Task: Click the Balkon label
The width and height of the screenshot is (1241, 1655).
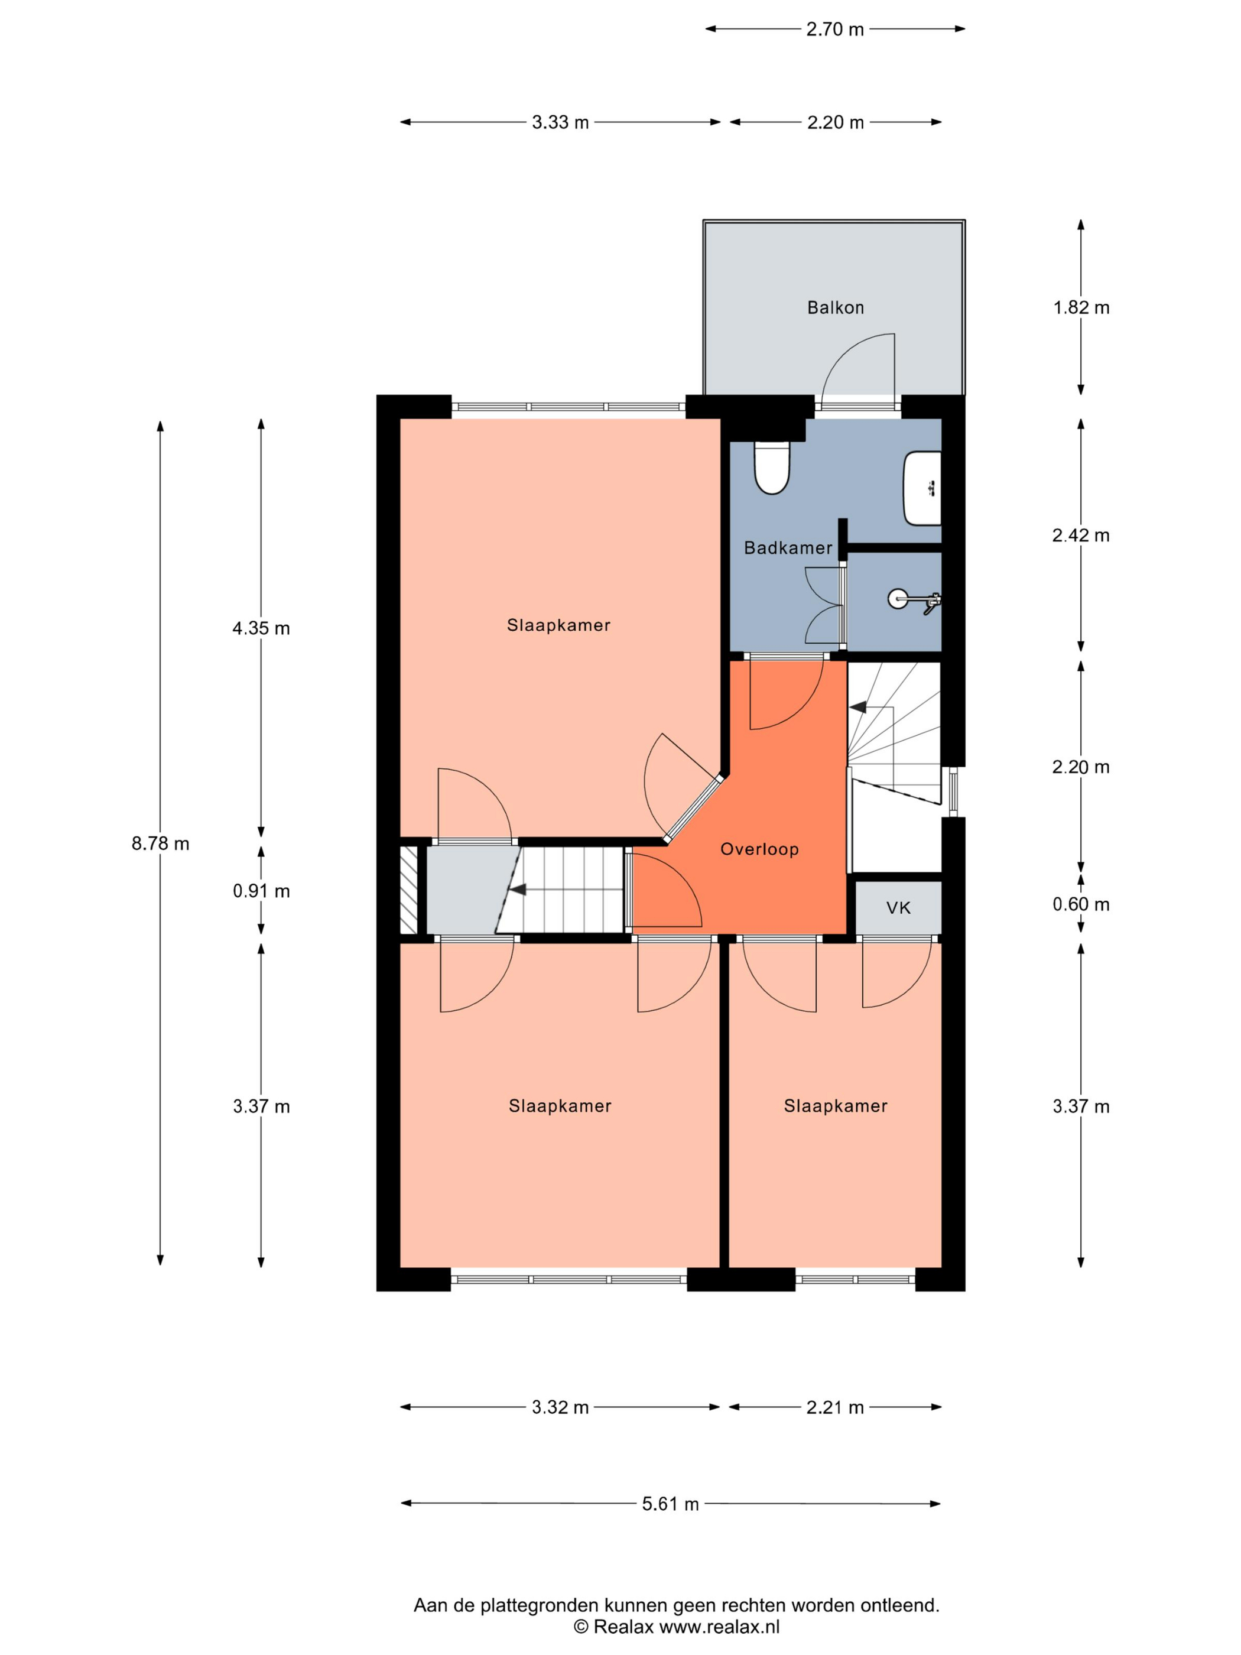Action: [835, 307]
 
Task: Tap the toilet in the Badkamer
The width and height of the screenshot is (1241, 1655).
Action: [772, 468]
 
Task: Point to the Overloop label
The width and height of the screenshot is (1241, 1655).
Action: [759, 849]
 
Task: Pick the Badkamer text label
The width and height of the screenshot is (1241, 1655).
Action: [788, 549]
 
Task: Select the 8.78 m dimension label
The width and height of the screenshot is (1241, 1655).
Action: [160, 844]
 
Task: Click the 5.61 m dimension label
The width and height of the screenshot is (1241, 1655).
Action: [670, 1504]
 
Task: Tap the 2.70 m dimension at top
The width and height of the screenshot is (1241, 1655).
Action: [835, 29]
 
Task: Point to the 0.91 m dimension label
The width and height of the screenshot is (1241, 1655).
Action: [261, 891]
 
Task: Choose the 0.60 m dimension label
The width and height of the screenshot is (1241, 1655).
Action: [1081, 904]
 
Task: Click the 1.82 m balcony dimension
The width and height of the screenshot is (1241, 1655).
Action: [1081, 307]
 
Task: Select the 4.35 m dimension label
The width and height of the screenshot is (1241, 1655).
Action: [261, 628]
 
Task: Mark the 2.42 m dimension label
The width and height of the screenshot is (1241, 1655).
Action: [1081, 536]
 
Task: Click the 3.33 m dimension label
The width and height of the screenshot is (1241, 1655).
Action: [560, 122]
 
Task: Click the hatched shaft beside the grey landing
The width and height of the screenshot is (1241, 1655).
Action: [408, 890]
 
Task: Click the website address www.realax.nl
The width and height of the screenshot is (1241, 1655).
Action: [719, 1627]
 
